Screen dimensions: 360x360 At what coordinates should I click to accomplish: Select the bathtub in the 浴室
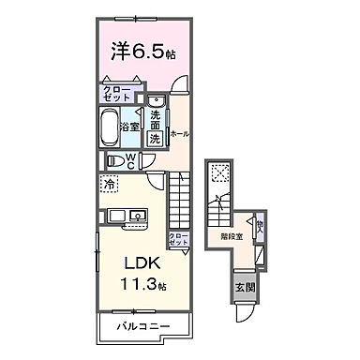(x=114, y=124)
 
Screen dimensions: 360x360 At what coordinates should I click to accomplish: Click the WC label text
(x=132, y=160)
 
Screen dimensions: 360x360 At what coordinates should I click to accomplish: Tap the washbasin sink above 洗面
(x=156, y=104)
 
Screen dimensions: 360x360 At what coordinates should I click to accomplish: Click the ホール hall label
(x=177, y=133)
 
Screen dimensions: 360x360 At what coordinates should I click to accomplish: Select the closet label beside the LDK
(x=179, y=237)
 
